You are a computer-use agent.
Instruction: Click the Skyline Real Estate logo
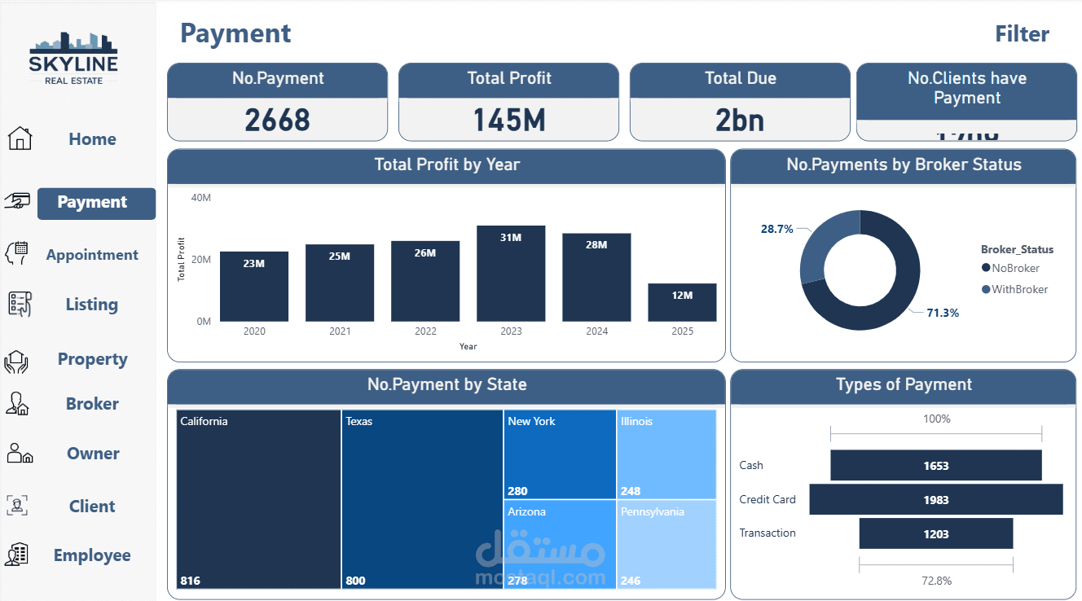click(x=73, y=58)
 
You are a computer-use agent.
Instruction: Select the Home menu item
click(x=92, y=139)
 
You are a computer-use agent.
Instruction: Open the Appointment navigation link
click(x=92, y=255)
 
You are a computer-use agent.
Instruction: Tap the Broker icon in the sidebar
click(x=18, y=404)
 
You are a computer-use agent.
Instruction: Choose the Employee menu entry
click(x=92, y=555)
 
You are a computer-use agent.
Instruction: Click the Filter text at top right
click(x=1022, y=34)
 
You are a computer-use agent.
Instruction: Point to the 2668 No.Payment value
click(x=277, y=121)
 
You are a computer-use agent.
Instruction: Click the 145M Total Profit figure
click(x=508, y=121)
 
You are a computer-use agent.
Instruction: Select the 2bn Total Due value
click(x=739, y=121)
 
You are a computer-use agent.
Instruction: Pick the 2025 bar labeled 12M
click(x=682, y=302)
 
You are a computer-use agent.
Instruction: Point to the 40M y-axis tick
click(x=200, y=198)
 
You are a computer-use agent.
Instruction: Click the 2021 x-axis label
click(x=340, y=331)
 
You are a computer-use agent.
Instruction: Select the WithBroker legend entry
click(x=1014, y=289)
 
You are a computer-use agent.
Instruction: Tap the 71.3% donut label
click(x=942, y=313)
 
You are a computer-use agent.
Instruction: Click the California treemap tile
click(x=258, y=498)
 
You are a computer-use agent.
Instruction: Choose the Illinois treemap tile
click(x=666, y=454)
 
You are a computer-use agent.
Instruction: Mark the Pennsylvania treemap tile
click(x=666, y=543)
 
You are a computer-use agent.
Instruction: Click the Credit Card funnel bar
click(x=935, y=499)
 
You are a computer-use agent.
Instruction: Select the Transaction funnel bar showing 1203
click(x=935, y=534)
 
